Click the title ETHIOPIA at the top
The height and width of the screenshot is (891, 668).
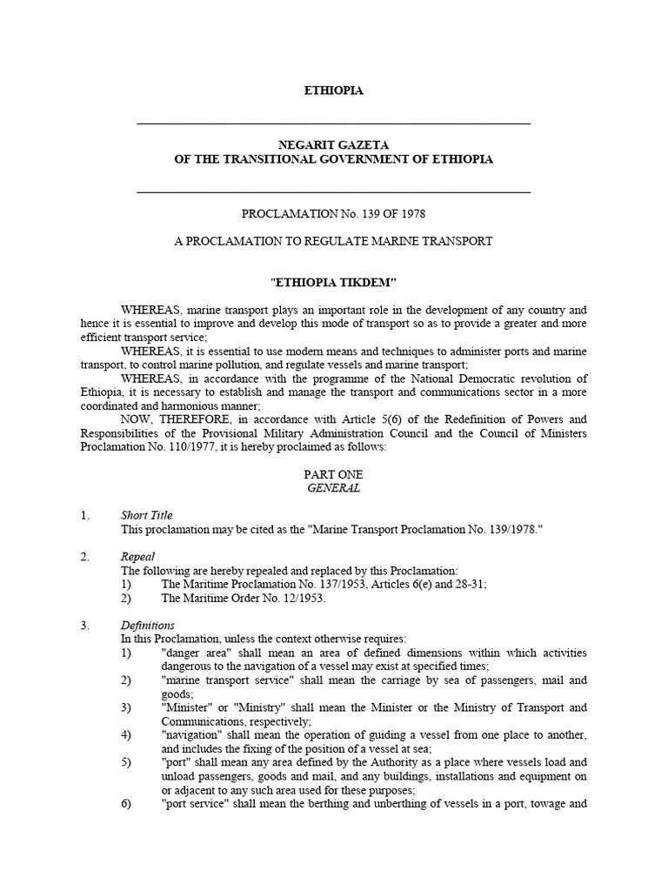click(x=333, y=90)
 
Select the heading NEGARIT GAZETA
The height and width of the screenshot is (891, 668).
click(x=333, y=144)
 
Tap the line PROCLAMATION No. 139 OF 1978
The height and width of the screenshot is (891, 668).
click(x=333, y=213)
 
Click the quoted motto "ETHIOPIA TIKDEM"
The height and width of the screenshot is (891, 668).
click(x=333, y=283)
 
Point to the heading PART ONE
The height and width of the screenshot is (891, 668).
click(x=333, y=474)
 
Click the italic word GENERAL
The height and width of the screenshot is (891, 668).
click(x=333, y=488)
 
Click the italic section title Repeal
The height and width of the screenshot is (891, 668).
click(x=137, y=557)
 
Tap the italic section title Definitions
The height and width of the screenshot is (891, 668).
click(x=148, y=626)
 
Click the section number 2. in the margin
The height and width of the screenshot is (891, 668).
click(x=84, y=557)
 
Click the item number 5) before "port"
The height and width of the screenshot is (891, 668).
click(x=126, y=763)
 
